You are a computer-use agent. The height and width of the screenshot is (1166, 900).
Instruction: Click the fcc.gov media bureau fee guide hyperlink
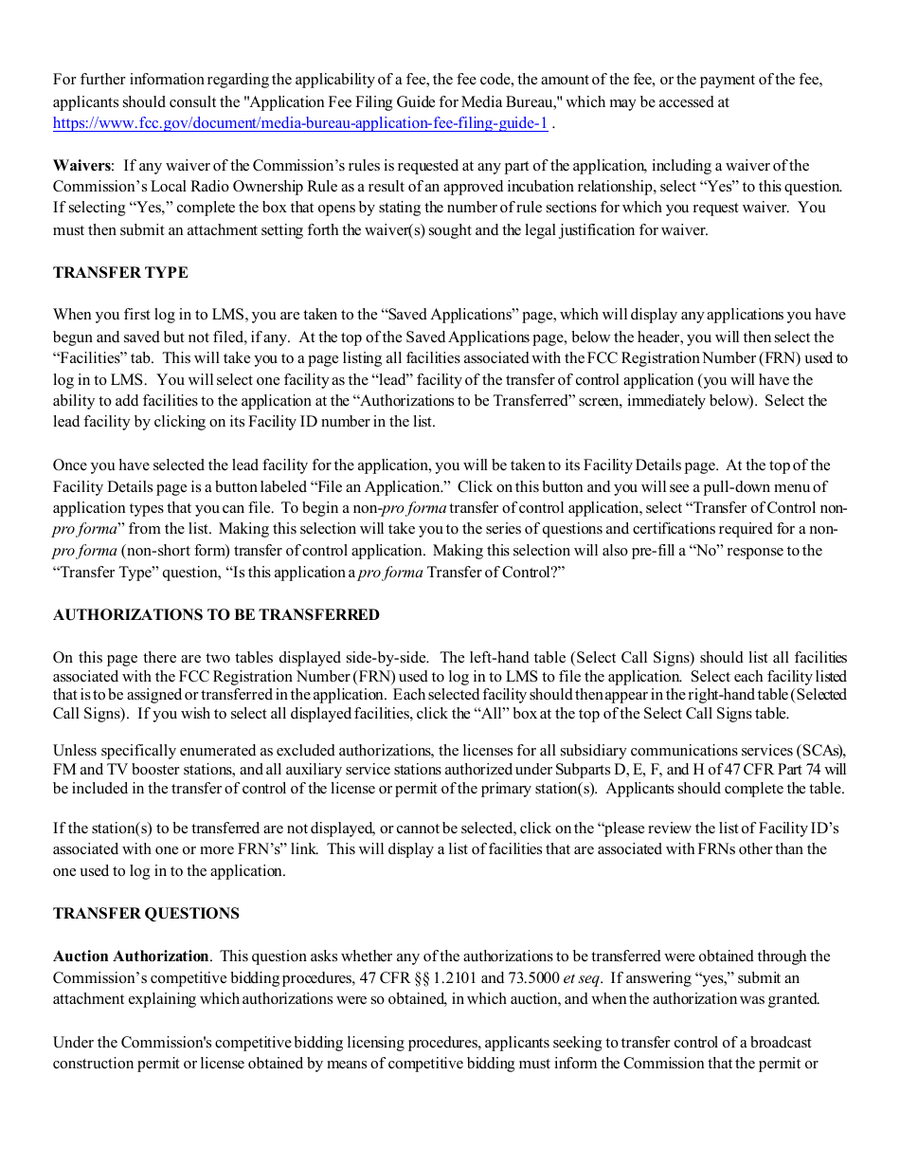(299, 123)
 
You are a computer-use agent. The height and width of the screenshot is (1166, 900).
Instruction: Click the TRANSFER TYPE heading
(120, 273)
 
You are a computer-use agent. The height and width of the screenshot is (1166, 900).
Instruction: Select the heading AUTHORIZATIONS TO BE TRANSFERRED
(216, 615)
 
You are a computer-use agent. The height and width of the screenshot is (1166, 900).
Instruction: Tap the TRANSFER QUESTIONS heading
(146, 914)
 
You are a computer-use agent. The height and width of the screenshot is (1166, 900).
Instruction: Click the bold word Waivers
(81, 166)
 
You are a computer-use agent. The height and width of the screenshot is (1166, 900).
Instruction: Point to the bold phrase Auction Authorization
(131, 956)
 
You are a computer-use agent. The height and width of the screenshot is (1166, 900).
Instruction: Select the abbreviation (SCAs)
(822, 750)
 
